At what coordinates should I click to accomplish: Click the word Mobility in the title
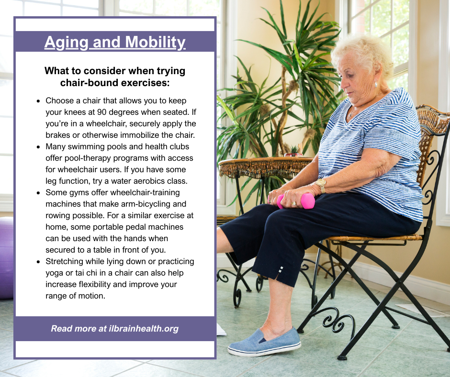coord(155,43)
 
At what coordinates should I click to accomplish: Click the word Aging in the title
coord(66,43)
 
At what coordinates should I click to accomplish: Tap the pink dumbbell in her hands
coord(295,201)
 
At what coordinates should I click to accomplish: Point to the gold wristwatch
coord(321,185)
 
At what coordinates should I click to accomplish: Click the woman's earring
coord(375,84)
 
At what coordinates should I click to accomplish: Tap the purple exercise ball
coord(6,258)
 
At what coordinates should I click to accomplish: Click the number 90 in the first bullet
coord(102,112)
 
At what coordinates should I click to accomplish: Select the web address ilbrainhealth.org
coord(144,329)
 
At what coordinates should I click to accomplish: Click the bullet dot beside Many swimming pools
coord(38,147)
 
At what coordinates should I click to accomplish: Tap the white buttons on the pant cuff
coord(281,270)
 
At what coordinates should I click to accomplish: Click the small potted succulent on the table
coord(293,151)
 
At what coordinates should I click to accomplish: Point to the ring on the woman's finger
coord(293,203)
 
